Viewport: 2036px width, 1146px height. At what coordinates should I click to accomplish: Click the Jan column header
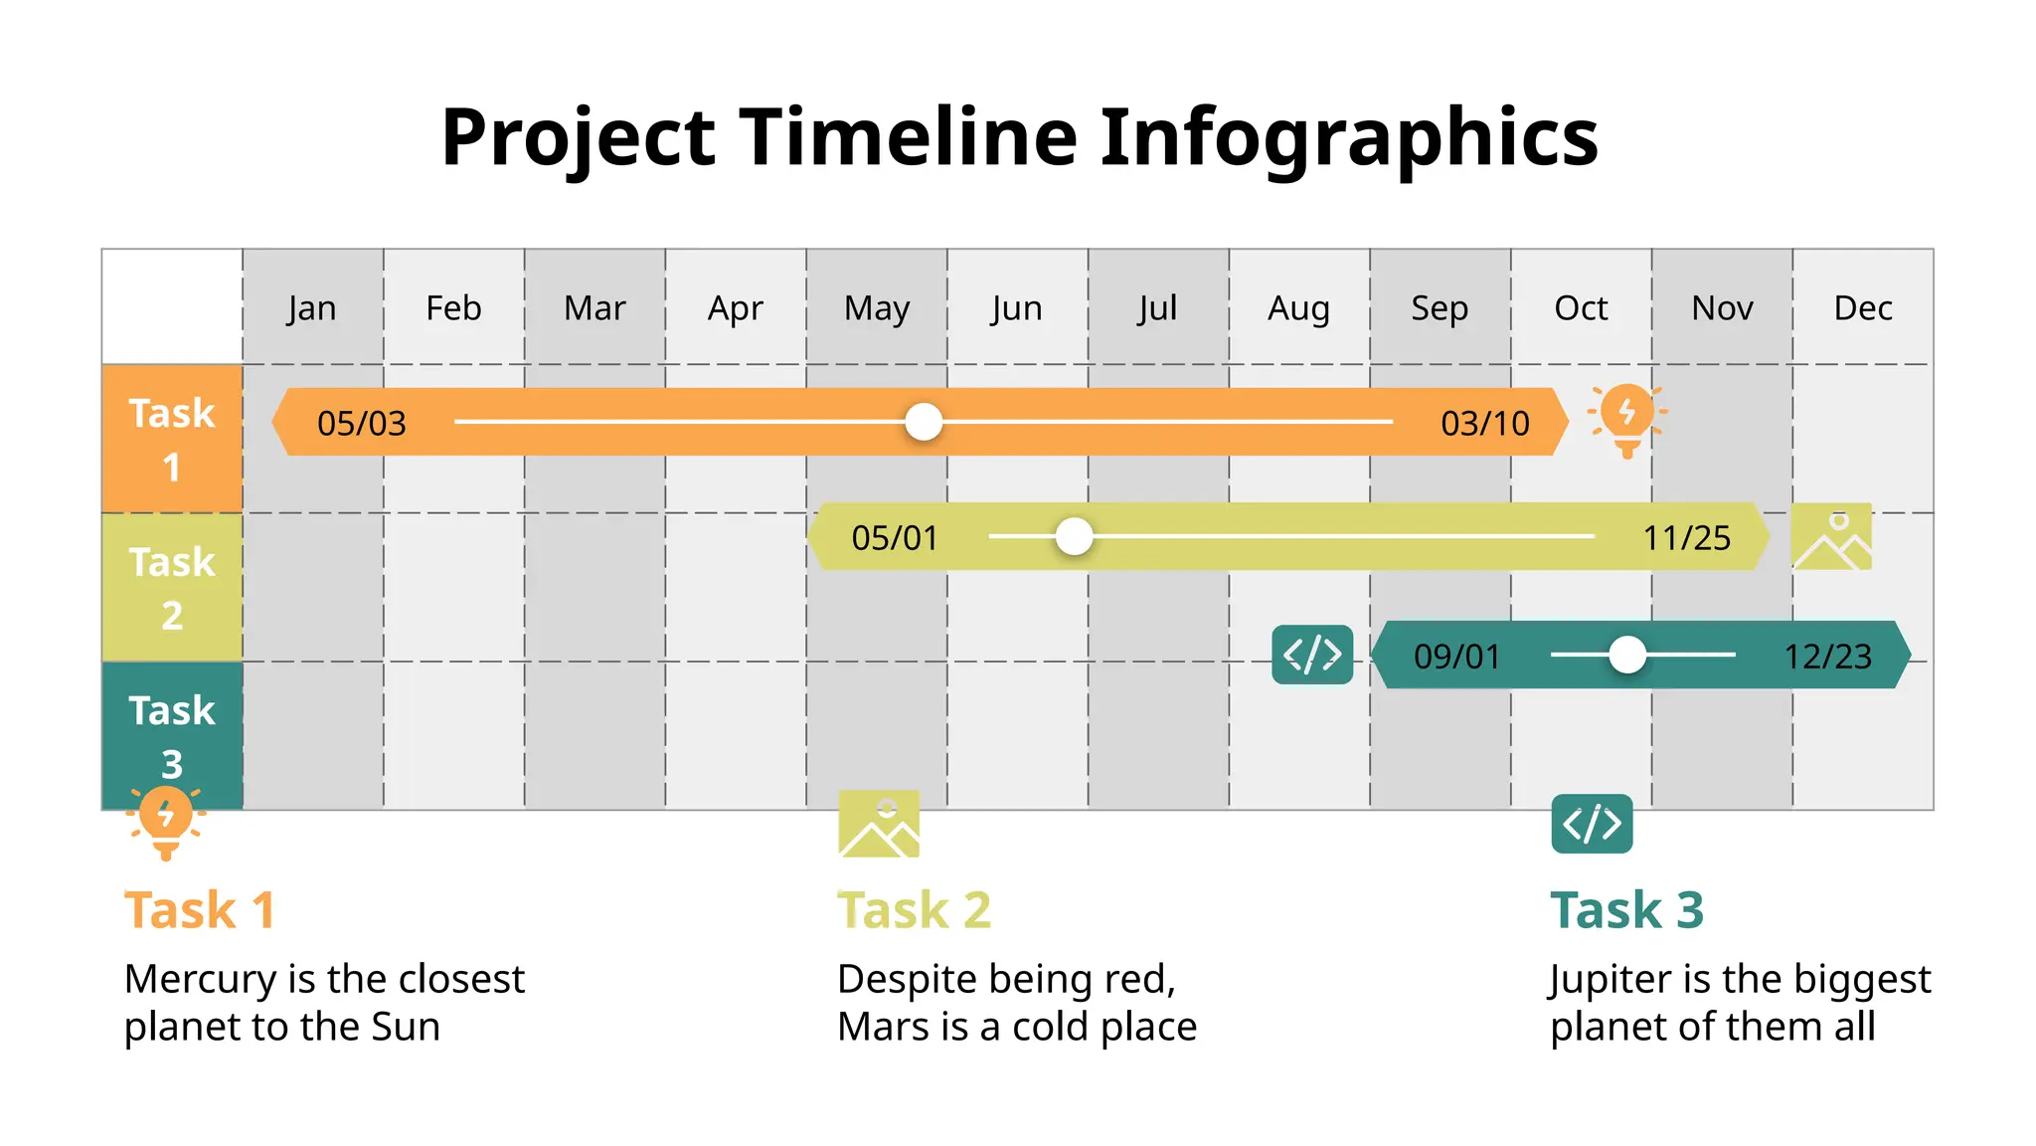[312, 307]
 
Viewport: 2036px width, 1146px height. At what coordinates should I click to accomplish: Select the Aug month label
[1298, 307]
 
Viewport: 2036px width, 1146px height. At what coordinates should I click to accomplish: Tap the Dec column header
[1862, 307]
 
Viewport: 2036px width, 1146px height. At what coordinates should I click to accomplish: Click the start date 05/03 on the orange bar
[362, 423]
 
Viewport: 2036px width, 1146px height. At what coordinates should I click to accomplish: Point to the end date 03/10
[1485, 423]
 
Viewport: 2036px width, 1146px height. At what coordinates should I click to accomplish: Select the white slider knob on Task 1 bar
[924, 422]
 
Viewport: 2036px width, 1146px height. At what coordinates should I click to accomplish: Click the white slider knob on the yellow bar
[1074, 536]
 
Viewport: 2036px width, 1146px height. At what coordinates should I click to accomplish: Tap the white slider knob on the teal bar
[1627, 655]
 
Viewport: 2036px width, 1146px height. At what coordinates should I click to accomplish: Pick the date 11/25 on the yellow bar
[1687, 538]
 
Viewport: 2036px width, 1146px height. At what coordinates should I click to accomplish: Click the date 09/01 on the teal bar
[1457, 657]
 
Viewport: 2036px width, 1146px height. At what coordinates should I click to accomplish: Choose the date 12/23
[1827, 657]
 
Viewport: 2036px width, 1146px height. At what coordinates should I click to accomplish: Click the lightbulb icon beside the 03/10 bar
[1626, 419]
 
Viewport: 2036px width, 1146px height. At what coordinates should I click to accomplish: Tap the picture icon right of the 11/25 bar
[1831, 536]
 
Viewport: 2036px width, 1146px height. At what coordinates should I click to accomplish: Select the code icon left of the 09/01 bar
[1312, 655]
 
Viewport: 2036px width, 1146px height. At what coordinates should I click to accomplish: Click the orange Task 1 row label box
[172, 439]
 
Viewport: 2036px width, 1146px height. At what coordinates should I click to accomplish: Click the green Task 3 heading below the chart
[1626, 909]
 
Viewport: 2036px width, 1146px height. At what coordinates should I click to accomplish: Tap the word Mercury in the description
[201, 979]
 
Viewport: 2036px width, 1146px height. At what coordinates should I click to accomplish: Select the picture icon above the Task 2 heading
[879, 824]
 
